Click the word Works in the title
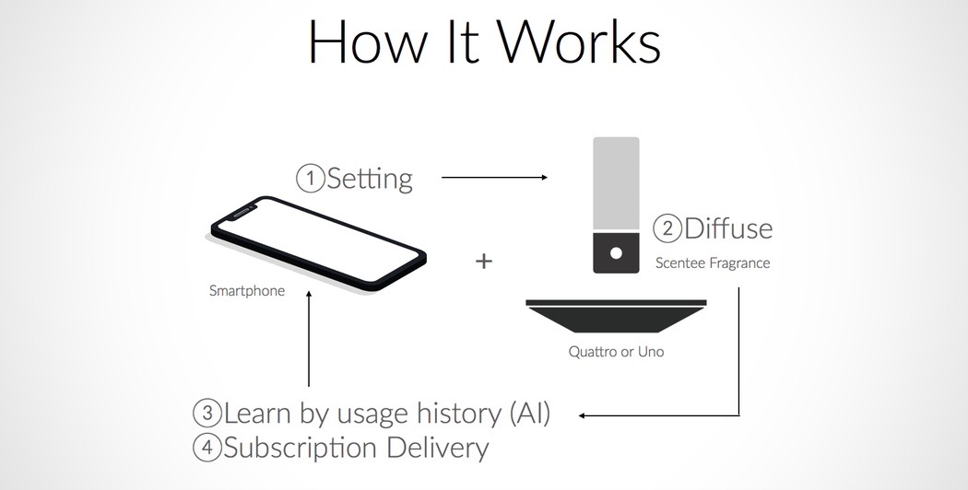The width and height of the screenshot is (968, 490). point(579,41)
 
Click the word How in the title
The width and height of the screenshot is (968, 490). point(367,41)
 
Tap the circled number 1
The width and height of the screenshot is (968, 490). point(311,179)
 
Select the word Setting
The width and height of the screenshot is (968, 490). point(369,180)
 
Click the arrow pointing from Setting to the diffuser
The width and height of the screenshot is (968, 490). point(494,178)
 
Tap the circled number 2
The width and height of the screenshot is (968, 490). point(667,228)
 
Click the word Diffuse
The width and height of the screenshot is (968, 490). point(728,228)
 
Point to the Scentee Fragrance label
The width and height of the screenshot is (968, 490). point(713,262)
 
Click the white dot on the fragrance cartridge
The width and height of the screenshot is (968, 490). point(616,253)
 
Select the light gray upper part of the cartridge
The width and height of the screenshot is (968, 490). point(616,182)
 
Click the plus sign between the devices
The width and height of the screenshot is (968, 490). point(484,261)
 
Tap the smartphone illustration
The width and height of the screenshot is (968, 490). point(317,244)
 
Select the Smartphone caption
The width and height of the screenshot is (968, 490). point(247,291)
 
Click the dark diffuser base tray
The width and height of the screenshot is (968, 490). point(616,316)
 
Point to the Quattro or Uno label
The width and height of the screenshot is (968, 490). point(616,352)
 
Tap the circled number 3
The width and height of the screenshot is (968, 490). point(207,413)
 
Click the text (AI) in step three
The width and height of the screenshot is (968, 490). point(530,414)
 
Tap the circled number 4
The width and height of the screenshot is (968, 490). point(207,448)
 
